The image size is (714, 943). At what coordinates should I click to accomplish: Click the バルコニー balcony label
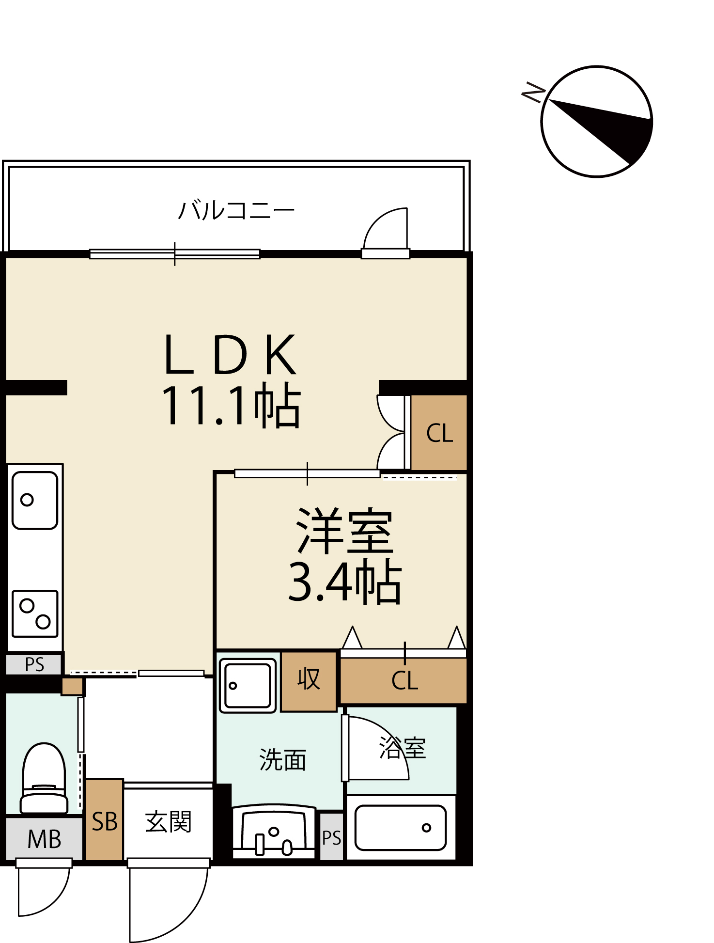[x=236, y=210]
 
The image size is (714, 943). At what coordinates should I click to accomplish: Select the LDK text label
[x=230, y=354]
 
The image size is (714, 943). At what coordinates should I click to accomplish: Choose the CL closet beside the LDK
[x=439, y=433]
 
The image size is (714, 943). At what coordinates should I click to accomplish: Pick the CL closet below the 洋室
[x=404, y=680]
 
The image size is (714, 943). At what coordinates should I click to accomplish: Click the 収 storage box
[x=309, y=681]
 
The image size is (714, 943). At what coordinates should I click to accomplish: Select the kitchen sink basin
[x=35, y=500]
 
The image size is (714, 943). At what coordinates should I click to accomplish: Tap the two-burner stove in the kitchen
[x=35, y=613]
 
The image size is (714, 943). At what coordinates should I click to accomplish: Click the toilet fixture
[x=44, y=778]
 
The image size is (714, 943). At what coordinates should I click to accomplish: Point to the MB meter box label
[x=44, y=839]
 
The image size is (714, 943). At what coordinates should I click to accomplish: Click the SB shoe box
[x=105, y=819]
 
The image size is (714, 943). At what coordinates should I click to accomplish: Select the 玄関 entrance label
[x=168, y=822]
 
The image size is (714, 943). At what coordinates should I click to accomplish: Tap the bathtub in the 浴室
[x=401, y=828]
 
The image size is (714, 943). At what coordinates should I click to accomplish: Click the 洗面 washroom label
[x=283, y=759]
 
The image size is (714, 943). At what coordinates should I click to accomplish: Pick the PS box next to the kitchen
[x=34, y=664]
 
